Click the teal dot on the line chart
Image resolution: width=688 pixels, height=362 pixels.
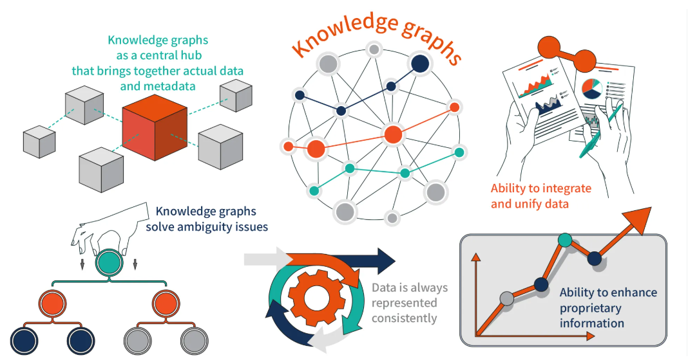pos(564,240)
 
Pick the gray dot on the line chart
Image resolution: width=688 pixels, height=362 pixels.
pos(507,298)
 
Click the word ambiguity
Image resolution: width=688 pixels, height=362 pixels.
pos(198,226)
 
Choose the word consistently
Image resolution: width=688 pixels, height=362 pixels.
pos(405,318)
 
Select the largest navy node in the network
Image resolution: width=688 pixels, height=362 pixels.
pos(420,63)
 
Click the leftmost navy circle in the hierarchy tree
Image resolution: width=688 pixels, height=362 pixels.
pos(25,338)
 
